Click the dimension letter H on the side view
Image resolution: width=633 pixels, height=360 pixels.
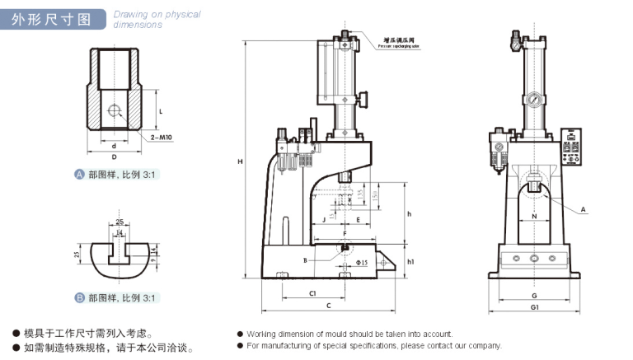click(240, 161)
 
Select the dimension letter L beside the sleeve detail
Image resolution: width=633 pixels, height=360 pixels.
click(160, 110)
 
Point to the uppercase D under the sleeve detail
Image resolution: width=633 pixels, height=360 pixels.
click(114, 156)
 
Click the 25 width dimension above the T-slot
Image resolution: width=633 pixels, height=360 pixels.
click(120, 222)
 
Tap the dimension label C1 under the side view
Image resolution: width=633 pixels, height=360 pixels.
click(313, 292)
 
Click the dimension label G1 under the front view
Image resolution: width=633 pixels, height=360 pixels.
click(534, 306)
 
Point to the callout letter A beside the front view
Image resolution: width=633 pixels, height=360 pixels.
click(583, 210)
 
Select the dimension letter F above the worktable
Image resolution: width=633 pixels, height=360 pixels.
click(344, 234)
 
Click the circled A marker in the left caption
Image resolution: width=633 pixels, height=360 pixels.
click(79, 175)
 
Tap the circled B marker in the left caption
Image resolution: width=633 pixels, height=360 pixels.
click(79, 298)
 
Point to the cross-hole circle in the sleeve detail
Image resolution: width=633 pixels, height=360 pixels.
click(114, 110)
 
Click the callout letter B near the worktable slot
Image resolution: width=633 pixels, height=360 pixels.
click(305, 260)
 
